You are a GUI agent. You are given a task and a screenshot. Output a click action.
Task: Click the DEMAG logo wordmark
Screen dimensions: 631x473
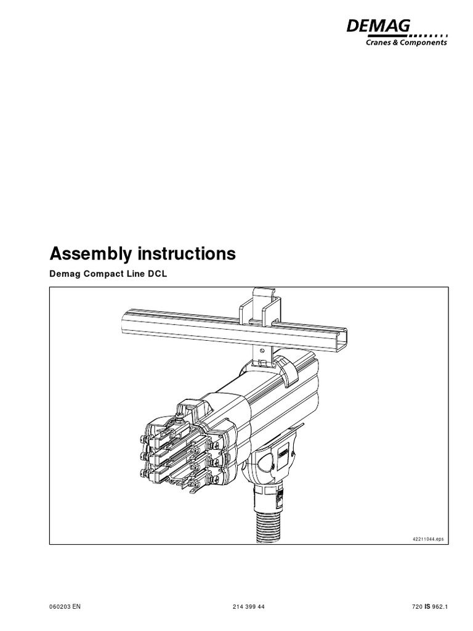coord(378,27)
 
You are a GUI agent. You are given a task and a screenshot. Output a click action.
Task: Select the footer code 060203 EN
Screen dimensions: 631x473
coord(65,606)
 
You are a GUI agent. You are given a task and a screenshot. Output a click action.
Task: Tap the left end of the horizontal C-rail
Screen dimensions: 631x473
coord(127,320)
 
